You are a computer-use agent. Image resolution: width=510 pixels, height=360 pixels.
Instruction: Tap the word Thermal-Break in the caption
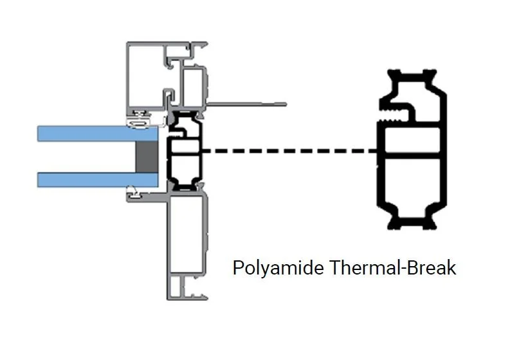[x=392, y=267]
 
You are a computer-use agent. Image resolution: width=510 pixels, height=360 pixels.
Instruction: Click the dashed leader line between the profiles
[x=289, y=152]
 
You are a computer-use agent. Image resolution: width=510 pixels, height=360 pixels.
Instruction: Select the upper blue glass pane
[x=96, y=133]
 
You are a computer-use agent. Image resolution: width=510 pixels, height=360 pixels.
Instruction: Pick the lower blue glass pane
[x=96, y=179]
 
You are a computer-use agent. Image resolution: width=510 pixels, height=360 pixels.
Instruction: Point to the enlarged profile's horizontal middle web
[x=412, y=152]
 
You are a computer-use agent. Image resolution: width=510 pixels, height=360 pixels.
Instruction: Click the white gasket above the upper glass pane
[x=140, y=120]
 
